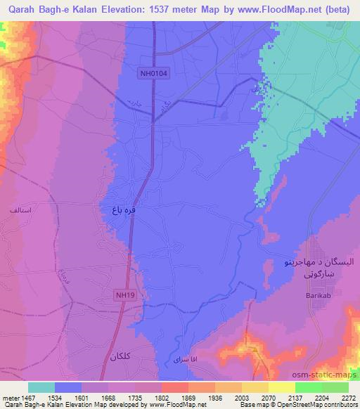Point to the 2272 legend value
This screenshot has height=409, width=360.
point(349,397)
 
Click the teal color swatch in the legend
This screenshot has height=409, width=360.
point(41,387)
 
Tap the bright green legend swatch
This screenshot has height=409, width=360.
point(308,387)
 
